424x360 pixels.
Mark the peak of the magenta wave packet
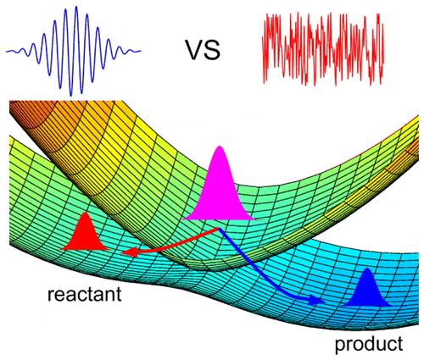click(x=219, y=149)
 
